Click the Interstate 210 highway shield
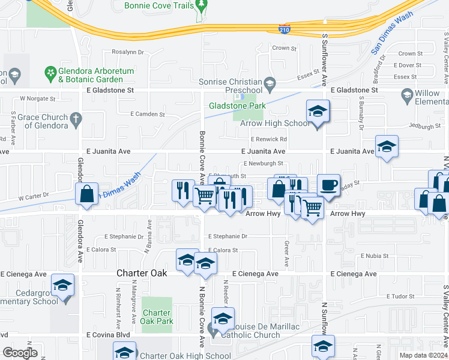(285, 28)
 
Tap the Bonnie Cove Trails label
(158, 5)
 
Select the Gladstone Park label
(228, 106)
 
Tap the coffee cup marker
(328, 185)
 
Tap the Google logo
(20, 353)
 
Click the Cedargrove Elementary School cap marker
(62, 286)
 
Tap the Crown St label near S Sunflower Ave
(284, 48)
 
